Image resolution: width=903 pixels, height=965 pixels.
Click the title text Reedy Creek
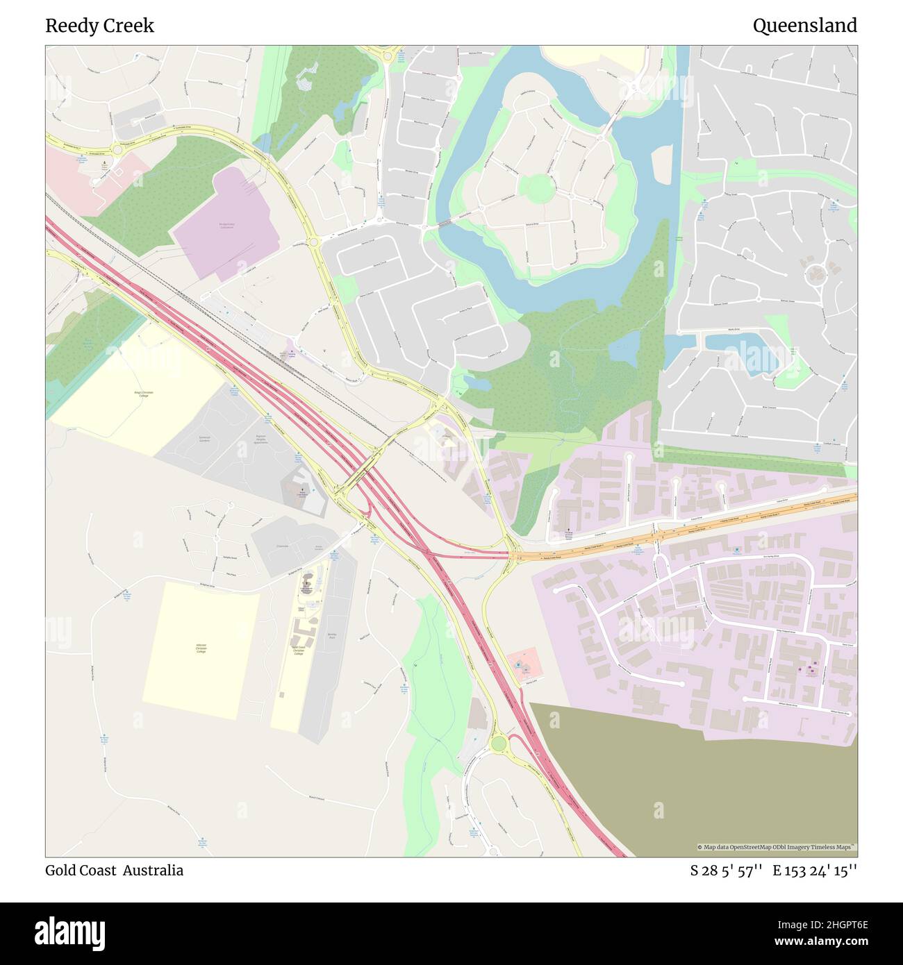[x=99, y=26]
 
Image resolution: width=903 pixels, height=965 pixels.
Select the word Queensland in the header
[x=804, y=26]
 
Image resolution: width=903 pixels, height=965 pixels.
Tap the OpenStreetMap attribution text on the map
[x=776, y=847]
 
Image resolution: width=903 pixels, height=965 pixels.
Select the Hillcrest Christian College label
[x=201, y=650]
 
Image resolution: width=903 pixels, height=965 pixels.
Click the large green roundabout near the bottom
[x=498, y=744]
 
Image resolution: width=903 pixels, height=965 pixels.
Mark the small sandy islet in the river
[x=662, y=162]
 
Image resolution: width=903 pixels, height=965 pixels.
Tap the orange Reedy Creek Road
[x=695, y=529]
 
